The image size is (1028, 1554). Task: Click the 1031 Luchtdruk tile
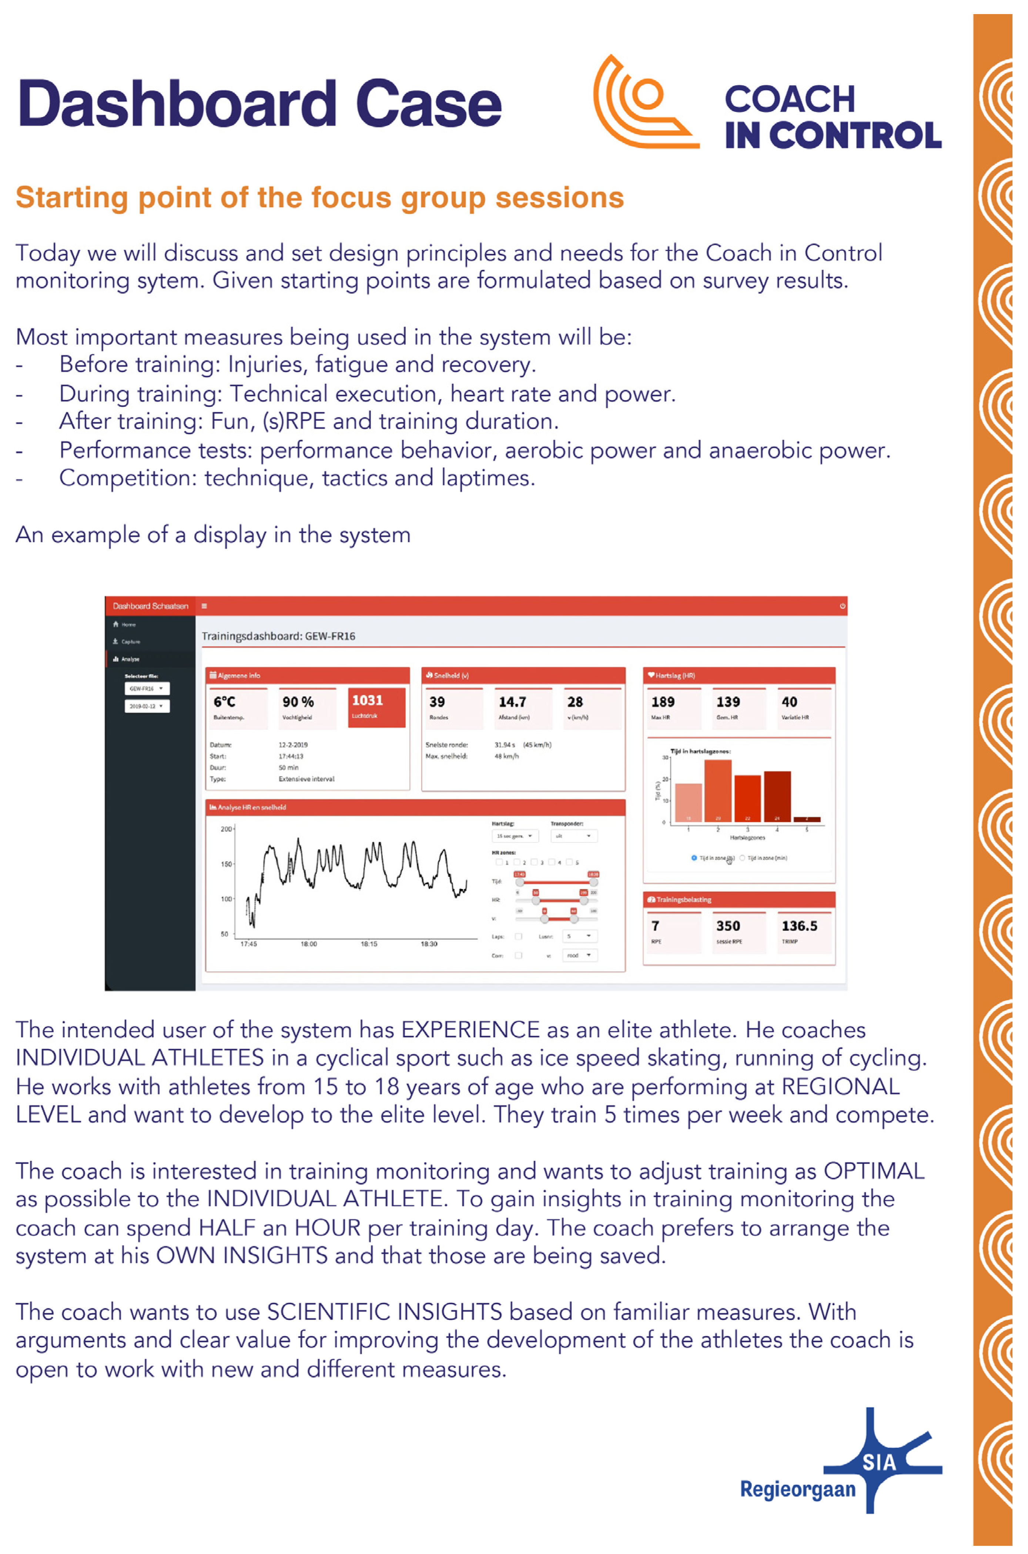(x=376, y=706)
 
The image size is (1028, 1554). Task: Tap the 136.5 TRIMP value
(x=799, y=926)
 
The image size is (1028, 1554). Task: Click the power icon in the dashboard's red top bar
(x=843, y=606)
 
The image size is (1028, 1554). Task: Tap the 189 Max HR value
(x=663, y=702)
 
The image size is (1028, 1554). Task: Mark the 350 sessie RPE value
(x=728, y=926)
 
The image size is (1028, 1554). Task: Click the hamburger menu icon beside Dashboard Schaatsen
(x=205, y=606)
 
